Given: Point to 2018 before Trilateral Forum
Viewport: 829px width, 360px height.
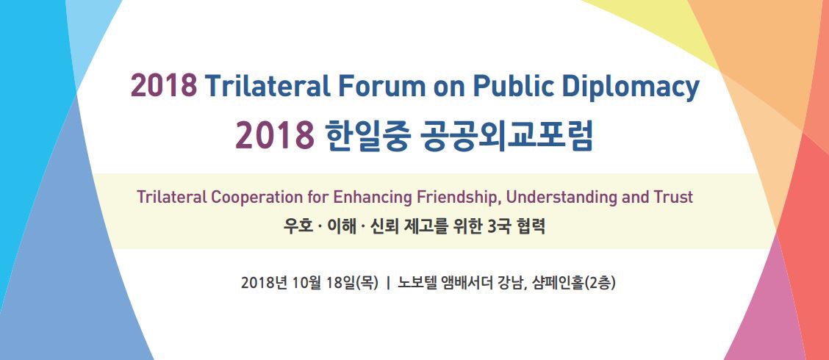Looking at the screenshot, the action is click(163, 86).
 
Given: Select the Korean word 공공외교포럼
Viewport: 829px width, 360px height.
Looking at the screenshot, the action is click(506, 135).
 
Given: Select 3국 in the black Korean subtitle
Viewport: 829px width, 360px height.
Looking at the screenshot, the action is click(498, 227).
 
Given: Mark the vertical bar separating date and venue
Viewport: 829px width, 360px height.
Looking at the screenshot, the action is click(389, 283).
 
